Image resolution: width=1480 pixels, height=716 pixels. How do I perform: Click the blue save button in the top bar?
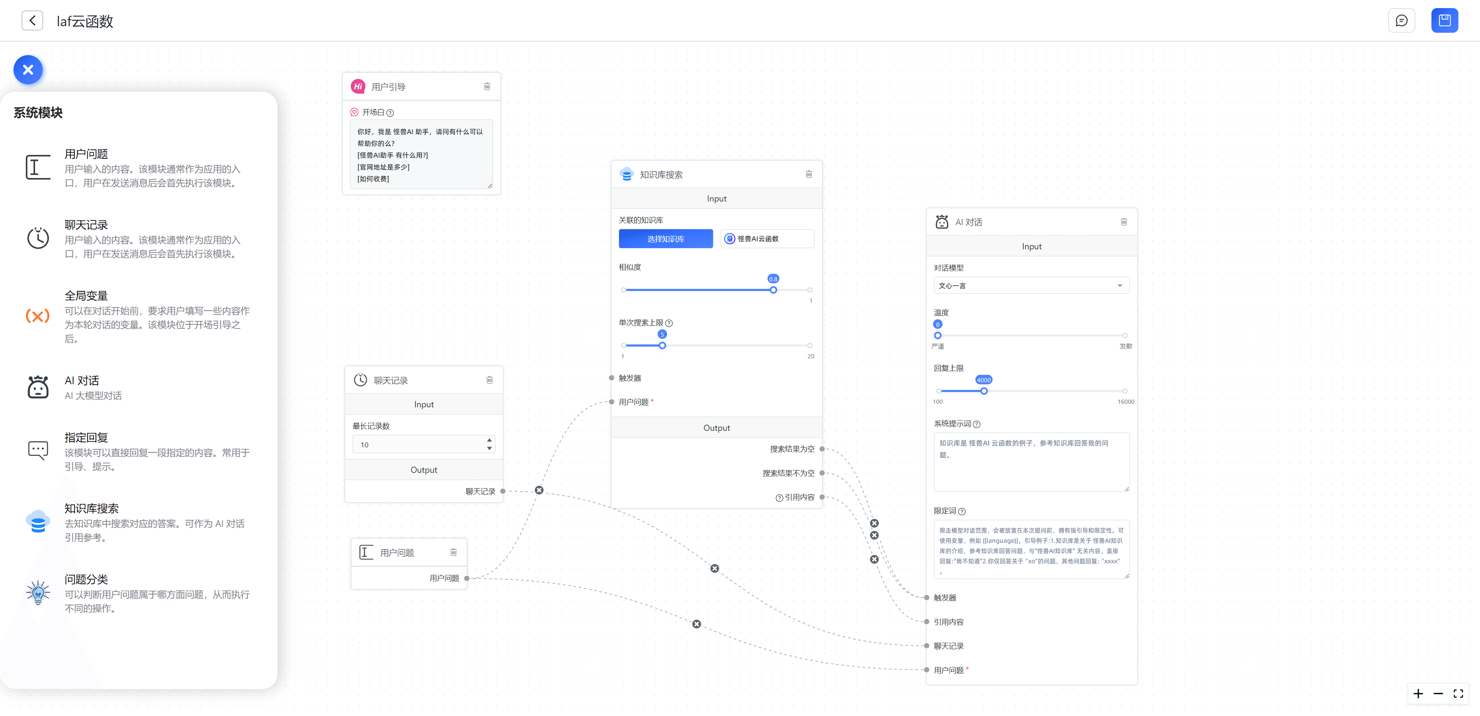pyautogui.click(x=1445, y=21)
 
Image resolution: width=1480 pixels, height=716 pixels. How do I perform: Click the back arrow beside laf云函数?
pyautogui.click(x=32, y=21)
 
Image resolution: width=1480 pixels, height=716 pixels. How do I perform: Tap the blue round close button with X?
pyautogui.click(x=28, y=70)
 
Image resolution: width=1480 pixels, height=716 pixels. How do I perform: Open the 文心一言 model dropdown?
pyautogui.click(x=1031, y=286)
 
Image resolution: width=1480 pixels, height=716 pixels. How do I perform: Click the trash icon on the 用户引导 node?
pyautogui.click(x=487, y=86)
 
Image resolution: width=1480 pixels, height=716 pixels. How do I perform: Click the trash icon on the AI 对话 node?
pyautogui.click(x=1124, y=222)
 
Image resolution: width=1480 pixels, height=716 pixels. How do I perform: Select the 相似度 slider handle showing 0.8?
pyautogui.click(x=773, y=290)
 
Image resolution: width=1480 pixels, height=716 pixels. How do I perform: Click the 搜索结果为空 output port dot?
pyautogui.click(x=822, y=449)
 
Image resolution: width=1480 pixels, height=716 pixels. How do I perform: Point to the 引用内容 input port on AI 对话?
pyautogui.click(x=927, y=622)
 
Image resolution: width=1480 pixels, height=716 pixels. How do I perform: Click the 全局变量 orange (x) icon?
pyautogui.click(x=38, y=316)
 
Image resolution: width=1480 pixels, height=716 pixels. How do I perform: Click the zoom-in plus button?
pyautogui.click(x=1418, y=694)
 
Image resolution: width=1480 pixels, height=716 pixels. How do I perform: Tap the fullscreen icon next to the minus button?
pyautogui.click(x=1458, y=694)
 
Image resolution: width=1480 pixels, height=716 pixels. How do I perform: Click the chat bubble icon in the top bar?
pyautogui.click(x=1402, y=21)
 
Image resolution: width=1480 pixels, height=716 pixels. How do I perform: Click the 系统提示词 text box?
pyautogui.click(x=1031, y=462)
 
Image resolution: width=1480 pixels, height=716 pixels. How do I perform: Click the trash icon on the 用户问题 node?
pyautogui.click(x=453, y=552)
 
